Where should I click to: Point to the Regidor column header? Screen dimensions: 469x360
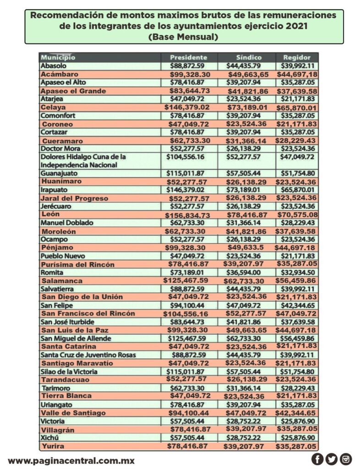[297, 58]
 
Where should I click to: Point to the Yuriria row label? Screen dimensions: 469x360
[53, 446]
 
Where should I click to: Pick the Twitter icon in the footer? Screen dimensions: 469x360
[332, 458]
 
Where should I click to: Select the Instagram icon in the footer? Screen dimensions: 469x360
[346, 458]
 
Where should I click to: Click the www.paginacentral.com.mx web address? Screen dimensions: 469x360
[71, 460]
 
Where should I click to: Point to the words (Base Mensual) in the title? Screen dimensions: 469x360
[183, 37]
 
